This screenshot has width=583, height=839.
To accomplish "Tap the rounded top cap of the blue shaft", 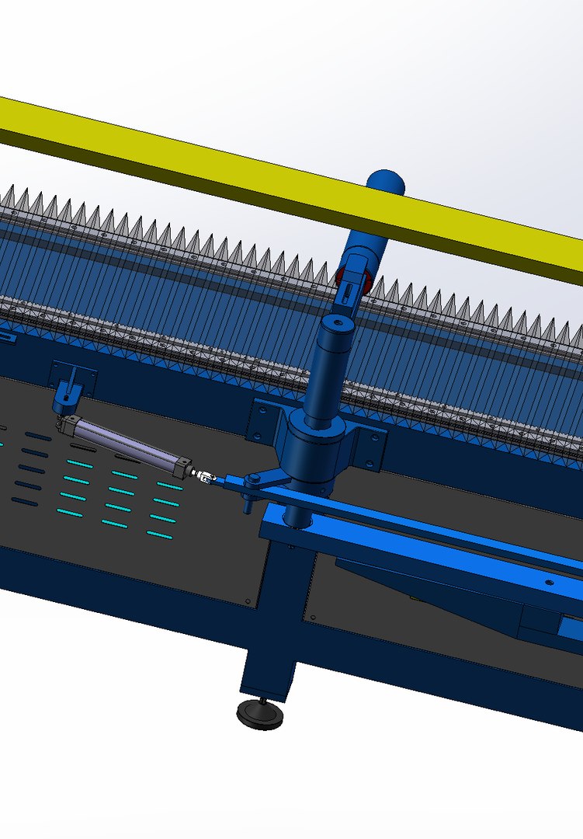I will pyautogui.click(x=385, y=183).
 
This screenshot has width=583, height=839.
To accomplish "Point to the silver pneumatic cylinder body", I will pyautogui.click(x=128, y=443).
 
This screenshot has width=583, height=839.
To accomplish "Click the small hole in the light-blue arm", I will pyautogui.click(x=550, y=580).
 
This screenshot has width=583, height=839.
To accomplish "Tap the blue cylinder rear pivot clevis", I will pyautogui.click(x=65, y=400).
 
